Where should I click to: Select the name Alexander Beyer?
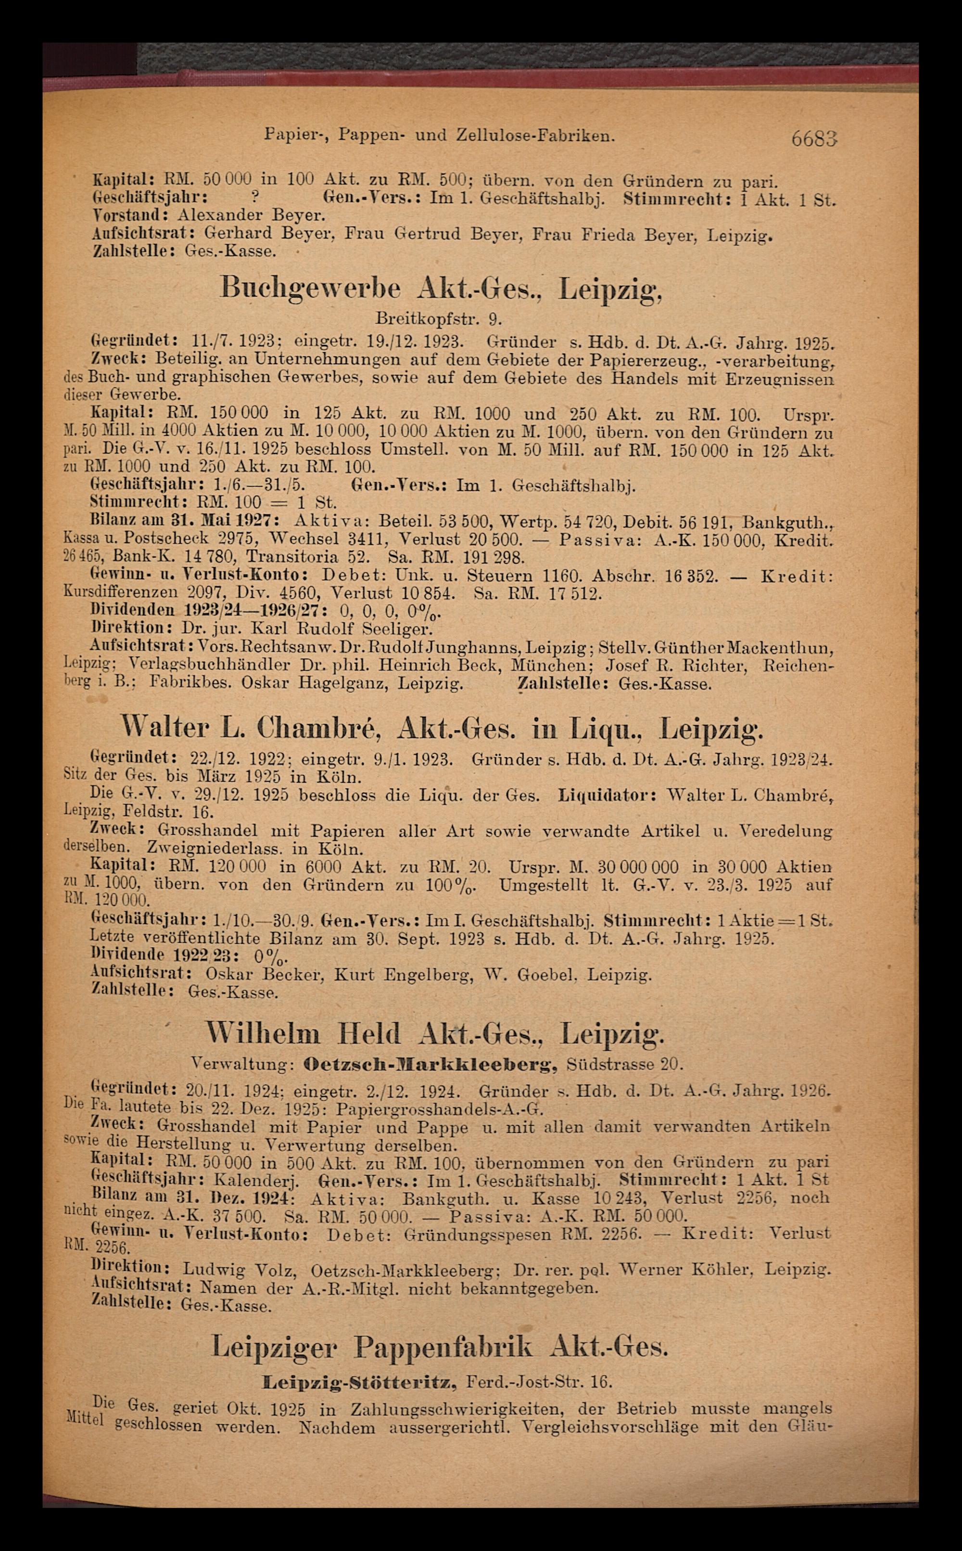(251, 216)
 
